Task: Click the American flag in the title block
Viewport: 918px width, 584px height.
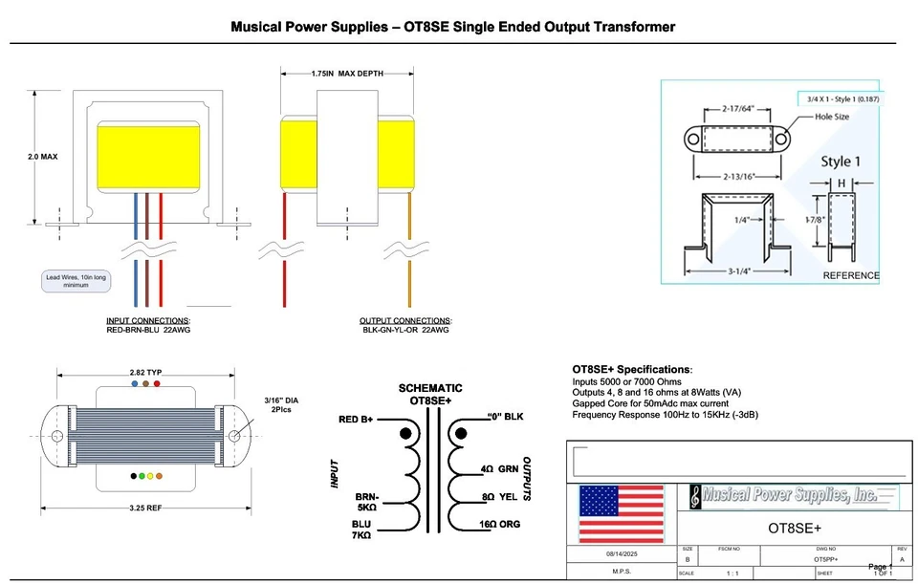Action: (622, 513)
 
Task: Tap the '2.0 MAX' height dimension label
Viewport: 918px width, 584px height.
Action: (42, 156)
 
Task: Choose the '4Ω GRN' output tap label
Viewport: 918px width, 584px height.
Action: (500, 469)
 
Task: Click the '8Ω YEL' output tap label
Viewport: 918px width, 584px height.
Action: (500, 497)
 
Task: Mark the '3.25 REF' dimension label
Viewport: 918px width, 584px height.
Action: (144, 507)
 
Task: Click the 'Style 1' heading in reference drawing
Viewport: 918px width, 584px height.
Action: (841, 161)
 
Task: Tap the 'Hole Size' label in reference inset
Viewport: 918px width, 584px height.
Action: (832, 117)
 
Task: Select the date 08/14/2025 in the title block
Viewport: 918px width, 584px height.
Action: (622, 553)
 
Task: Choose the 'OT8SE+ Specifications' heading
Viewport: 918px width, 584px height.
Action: (631, 369)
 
